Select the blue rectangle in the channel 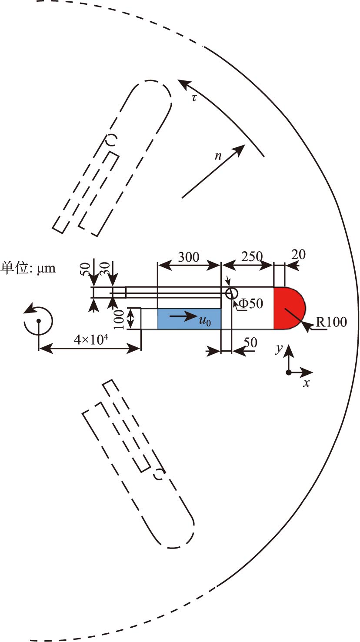[189, 319]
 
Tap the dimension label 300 [188, 257]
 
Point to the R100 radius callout [331, 322]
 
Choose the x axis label [306, 383]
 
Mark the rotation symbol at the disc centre [38, 320]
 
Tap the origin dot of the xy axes [289, 372]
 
